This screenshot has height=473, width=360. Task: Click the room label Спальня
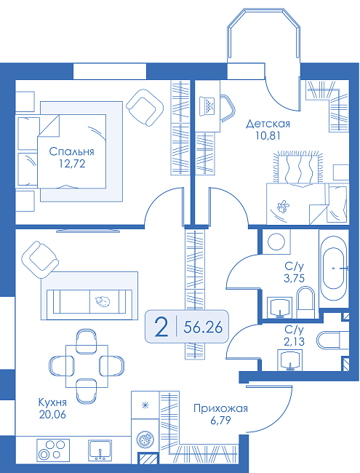tap(71, 151)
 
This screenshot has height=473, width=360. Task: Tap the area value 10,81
tap(268, 136)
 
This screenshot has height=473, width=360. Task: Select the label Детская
tap(268, 124)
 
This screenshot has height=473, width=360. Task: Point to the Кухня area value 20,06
tap(52, 415)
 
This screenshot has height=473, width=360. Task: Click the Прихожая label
tap(220, 408)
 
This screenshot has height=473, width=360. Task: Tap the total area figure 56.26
tap(203, 327)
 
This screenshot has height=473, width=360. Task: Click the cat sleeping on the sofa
tap(103, 301)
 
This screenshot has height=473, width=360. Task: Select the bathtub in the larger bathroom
tap(334, 268)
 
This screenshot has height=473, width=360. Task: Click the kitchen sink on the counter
tap(100, 450)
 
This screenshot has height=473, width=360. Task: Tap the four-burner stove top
tap(53, 450)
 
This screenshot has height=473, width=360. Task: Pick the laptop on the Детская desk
tap(208, 106)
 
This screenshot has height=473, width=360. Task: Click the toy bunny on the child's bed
tap(283, 207)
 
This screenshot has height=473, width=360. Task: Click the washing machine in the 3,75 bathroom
tap(276, 242)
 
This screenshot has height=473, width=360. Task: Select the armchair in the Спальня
tap(145, 108)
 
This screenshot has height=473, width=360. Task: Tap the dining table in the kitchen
tap(87, 366)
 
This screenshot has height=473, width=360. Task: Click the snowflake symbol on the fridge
tap(145, 405)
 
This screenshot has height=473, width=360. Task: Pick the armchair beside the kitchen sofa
tap(40, 260)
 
